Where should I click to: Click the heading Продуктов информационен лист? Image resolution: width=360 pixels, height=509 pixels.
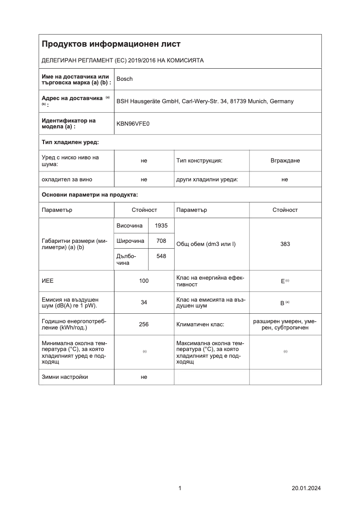click(x=111, y=44)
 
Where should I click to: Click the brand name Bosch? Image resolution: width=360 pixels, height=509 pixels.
click(x=124, y=79)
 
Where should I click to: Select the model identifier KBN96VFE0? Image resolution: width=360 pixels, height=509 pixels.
click(x=133, y=123)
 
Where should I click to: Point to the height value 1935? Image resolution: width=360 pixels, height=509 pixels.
click(x=161, y=226)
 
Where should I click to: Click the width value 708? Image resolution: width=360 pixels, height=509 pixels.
click(x=161, y=241)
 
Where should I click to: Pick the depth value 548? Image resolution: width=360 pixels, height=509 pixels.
click(x=161, y=259)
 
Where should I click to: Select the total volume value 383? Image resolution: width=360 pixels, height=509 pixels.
click(x=285, y=244)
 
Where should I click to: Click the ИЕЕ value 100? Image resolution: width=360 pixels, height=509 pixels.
click(x=144, y=281)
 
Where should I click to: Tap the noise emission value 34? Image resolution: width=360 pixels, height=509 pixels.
click(x=144, y=303)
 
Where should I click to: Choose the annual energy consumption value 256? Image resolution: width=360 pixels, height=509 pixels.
click(x=144, y=324)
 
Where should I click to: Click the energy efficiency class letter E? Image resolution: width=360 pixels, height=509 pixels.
click(x=283, y=281)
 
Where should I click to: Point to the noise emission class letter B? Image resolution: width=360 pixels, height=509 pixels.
click(x=282, y=303)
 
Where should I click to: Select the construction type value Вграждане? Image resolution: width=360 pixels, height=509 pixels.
click(x=285, y=161)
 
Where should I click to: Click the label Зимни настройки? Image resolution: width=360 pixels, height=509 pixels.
click(x=65, y=377)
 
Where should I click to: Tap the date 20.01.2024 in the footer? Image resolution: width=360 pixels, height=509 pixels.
click(x=306, y=488)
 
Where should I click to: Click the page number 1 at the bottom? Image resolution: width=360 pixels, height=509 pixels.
click(x=180, y=488)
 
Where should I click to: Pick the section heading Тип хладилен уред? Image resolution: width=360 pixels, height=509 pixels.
click(x=70, y=142)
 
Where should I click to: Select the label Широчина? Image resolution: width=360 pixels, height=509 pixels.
click(x=130, y=241)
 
